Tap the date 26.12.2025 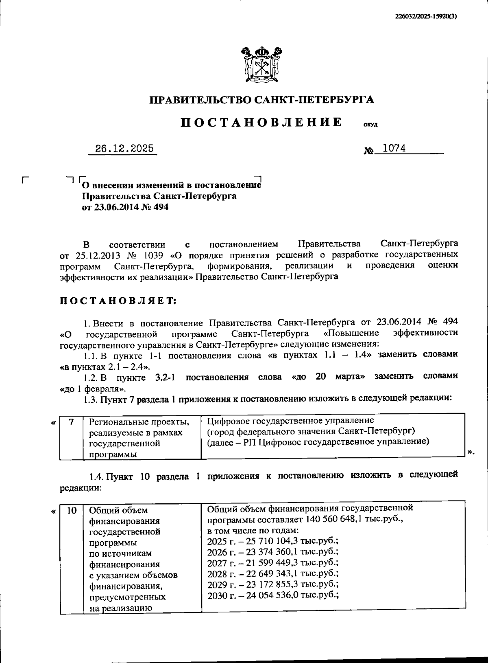[x=124, y=149]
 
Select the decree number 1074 [x=394, y=148]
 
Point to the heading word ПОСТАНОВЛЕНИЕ [x=261, y=122]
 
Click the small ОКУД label [x=370, y=125]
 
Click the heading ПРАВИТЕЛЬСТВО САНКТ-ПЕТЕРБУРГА [x=262, y=100]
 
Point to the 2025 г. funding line [x=272, y=541]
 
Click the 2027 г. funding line [x=272, y=562]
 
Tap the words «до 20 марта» [x=328, y=376]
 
